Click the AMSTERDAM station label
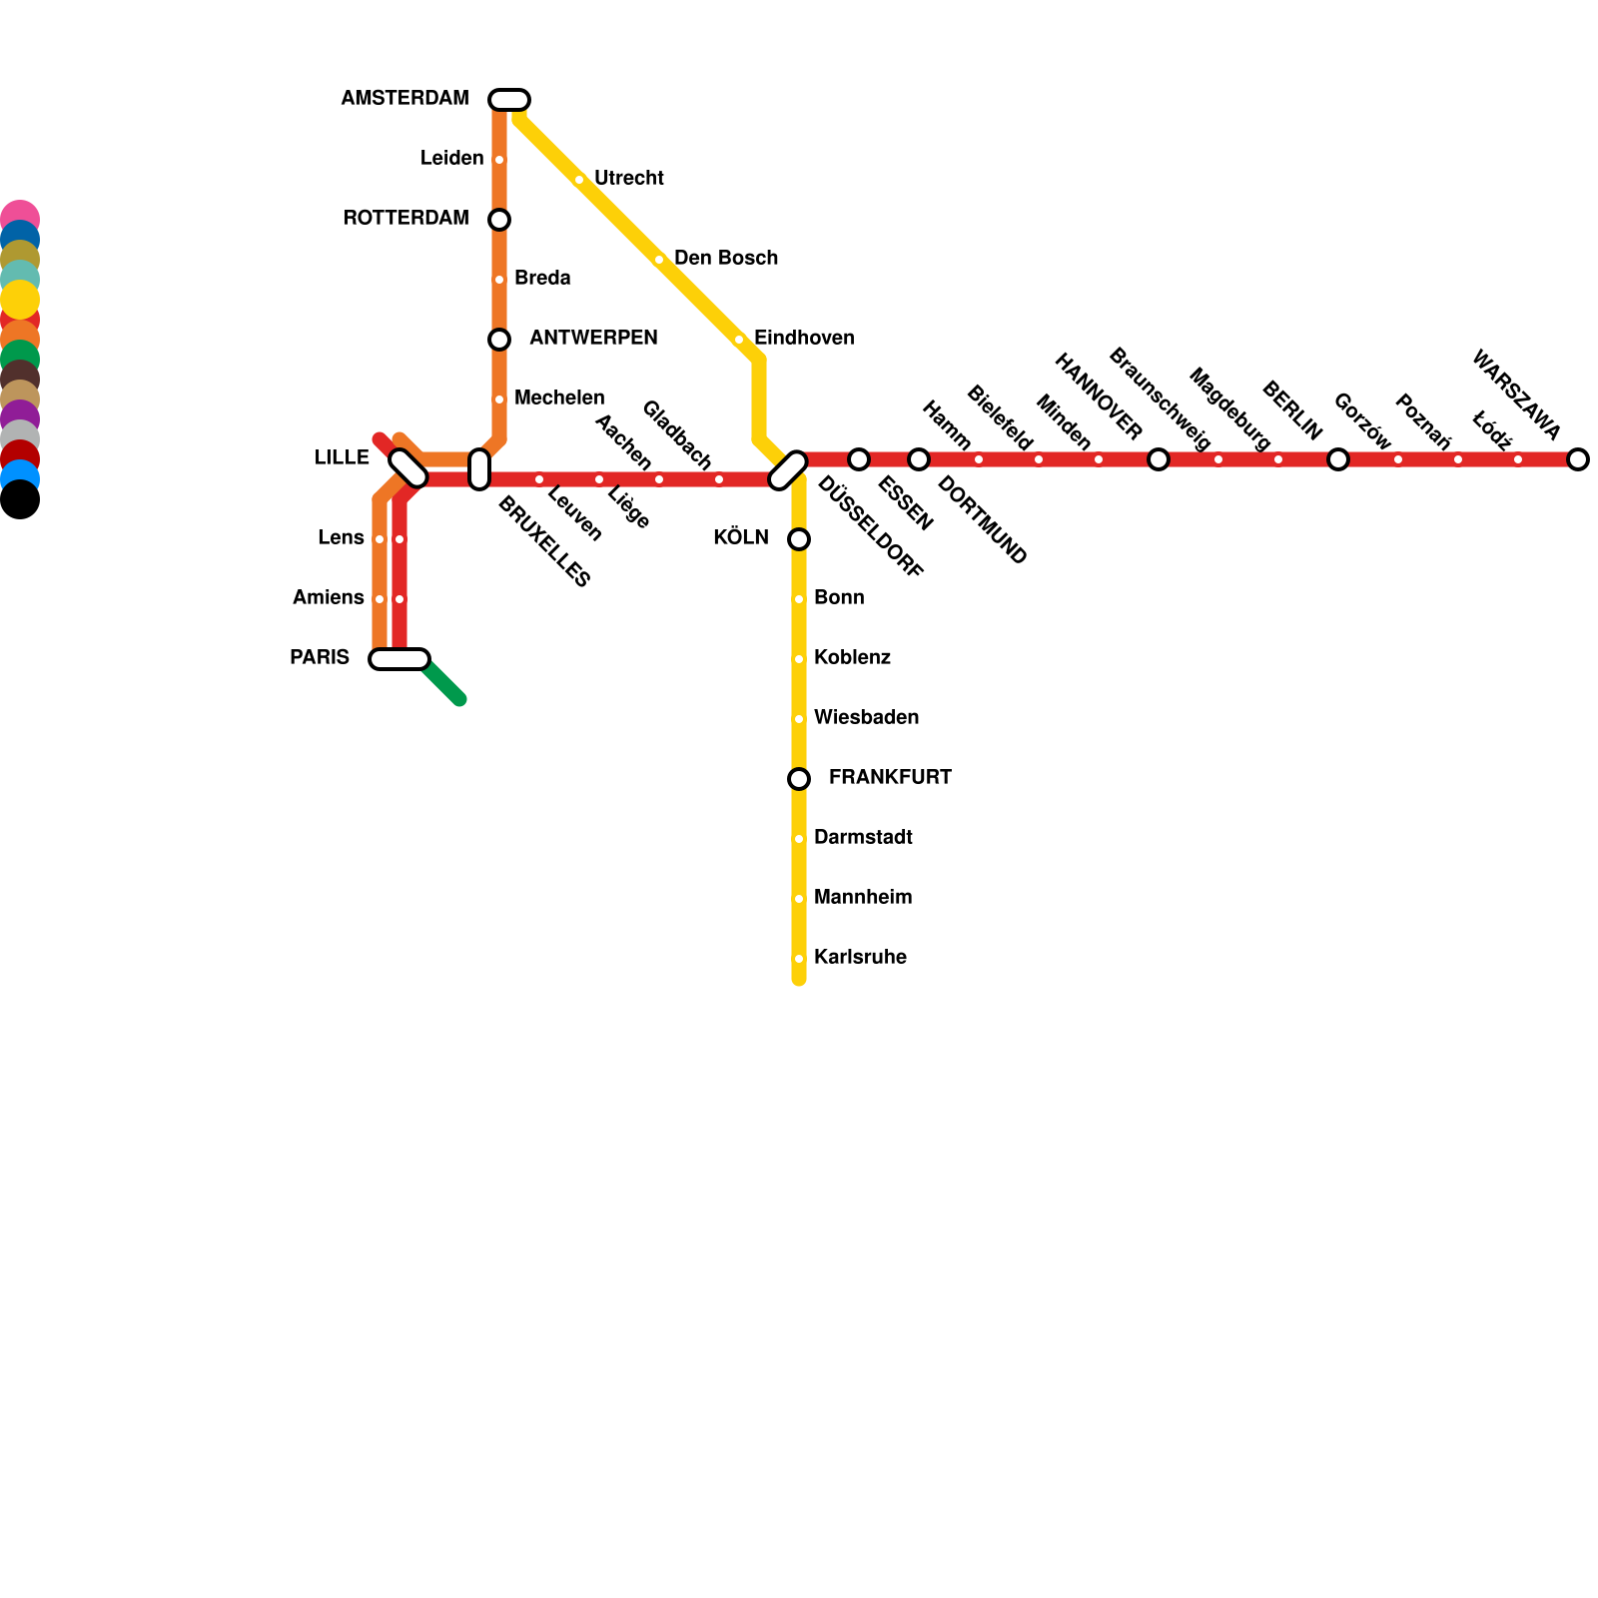pyautogui.click(x=404, y=99)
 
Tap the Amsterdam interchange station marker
pyautogui.click(x=509, y=100)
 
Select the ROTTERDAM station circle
pyautogui.click(x=499, y=220)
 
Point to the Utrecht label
pyautogui.click(x=628, y=179)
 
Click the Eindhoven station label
pyautogui.click(x=804, y=339)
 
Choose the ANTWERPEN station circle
pyautogui.click(x=499, y=340)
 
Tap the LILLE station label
pyautogui.click(x=342, y=458)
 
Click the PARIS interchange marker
pyautogui.click(x=399, y=659)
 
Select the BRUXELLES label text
pyautogui.click(x=543, y=541)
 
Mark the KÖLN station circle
pyautogui.click(x=799, y=539)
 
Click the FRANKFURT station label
pyautogui.click(x=890, y=778)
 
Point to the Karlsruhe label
pyautogui.click(x=860, y=958)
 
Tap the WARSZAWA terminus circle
pyautogui.click(x=1578, y=459)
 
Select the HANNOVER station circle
pyautogui.click(x=1159, y=459)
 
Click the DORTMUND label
pyautogui.click(x=982, y=521)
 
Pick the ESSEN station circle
pyautogui.click(x=859, y=459)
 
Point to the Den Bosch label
pyautogui.click(x=726, y=259)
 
